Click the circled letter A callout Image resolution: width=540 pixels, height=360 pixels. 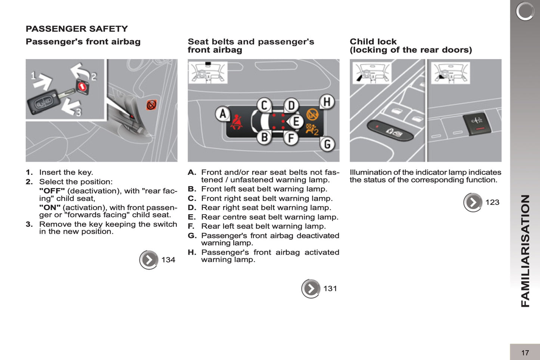[x=223, y=114]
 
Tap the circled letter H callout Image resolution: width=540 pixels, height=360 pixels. [x=327, y=102]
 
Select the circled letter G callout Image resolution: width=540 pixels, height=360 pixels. [x=327, y=144]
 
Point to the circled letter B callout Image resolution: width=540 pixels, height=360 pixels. [x=264, y=138]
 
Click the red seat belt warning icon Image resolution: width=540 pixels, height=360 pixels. [x=236, y=123]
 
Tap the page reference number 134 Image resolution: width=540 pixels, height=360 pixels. [x=168, y=260]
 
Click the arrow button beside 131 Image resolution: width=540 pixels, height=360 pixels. [x=311, y=289]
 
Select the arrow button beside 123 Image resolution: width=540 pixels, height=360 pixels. [x=473, y=202]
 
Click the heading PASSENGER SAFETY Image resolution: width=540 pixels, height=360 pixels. [x=77, y=29]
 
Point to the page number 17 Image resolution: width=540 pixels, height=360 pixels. [x=525, y=353]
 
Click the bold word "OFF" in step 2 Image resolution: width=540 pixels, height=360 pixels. [x=52, y=191]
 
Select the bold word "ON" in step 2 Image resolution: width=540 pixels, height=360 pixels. [x=50, y=207]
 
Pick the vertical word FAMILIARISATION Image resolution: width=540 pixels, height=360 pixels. [x=525, y=250]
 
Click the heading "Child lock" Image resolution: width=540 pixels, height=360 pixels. [x=373, y=41]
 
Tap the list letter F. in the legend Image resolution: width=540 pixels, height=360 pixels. [x=191, y=226]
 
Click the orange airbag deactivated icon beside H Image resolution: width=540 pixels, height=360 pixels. [x=312, y=114]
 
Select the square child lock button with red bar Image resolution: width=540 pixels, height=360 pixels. [x=475, y=123]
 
